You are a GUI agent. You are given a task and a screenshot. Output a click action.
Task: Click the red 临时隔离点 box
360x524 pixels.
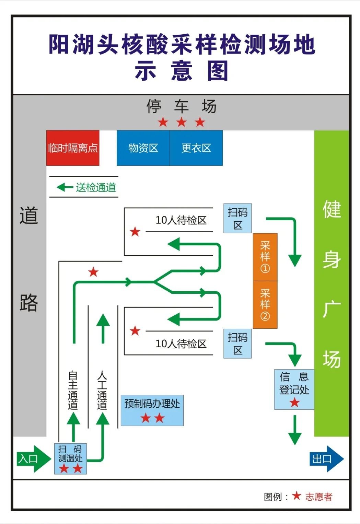[73, 148]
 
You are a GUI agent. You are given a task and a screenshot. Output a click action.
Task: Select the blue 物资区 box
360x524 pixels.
[143, 148]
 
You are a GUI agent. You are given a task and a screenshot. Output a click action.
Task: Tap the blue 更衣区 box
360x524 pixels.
[196, 148]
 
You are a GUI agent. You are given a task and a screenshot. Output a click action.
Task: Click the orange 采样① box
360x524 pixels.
[265, 257]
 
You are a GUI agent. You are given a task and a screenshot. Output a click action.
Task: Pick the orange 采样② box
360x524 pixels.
[265, 305]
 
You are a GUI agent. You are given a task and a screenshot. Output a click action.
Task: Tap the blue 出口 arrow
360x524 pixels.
[326, 459]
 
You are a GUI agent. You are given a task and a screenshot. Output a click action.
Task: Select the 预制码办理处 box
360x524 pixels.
[152, 410]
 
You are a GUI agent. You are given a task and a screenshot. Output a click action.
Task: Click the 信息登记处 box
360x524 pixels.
[294, 389]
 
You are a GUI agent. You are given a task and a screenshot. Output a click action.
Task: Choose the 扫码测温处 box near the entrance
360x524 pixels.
[70, 458]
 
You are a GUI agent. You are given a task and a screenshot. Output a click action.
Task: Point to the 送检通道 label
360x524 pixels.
[96, 187]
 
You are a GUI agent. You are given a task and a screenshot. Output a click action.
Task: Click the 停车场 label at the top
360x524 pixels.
[181, 106]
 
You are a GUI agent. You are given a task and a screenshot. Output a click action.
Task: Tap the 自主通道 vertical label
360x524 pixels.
[73, 390]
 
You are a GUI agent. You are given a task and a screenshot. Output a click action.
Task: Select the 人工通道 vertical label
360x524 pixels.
[102, 390]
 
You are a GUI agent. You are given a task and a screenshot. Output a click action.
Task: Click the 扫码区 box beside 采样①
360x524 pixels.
[237, 218]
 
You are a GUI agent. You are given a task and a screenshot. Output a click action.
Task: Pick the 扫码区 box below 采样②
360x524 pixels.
[237, 343]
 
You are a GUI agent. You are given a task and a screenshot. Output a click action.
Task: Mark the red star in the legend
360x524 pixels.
[297, 496]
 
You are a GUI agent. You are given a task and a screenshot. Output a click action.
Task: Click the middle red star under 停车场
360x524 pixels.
[181, 122]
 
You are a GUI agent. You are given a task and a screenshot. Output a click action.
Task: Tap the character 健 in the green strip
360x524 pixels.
[332, 209]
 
